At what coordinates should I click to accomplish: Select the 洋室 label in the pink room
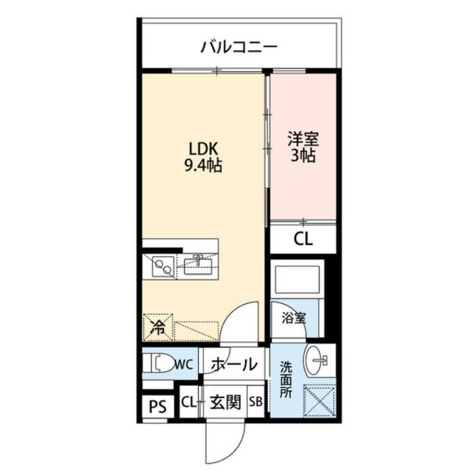click(303, 137)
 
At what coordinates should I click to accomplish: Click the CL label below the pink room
click(303, 238)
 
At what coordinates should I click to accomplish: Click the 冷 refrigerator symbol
click(157, 325)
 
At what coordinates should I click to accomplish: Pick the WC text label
click(184, 363)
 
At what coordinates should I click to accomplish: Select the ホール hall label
click(234, 364)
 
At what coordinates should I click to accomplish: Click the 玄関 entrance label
click(225, 402)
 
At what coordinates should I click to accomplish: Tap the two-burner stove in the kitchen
click(164, 266)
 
